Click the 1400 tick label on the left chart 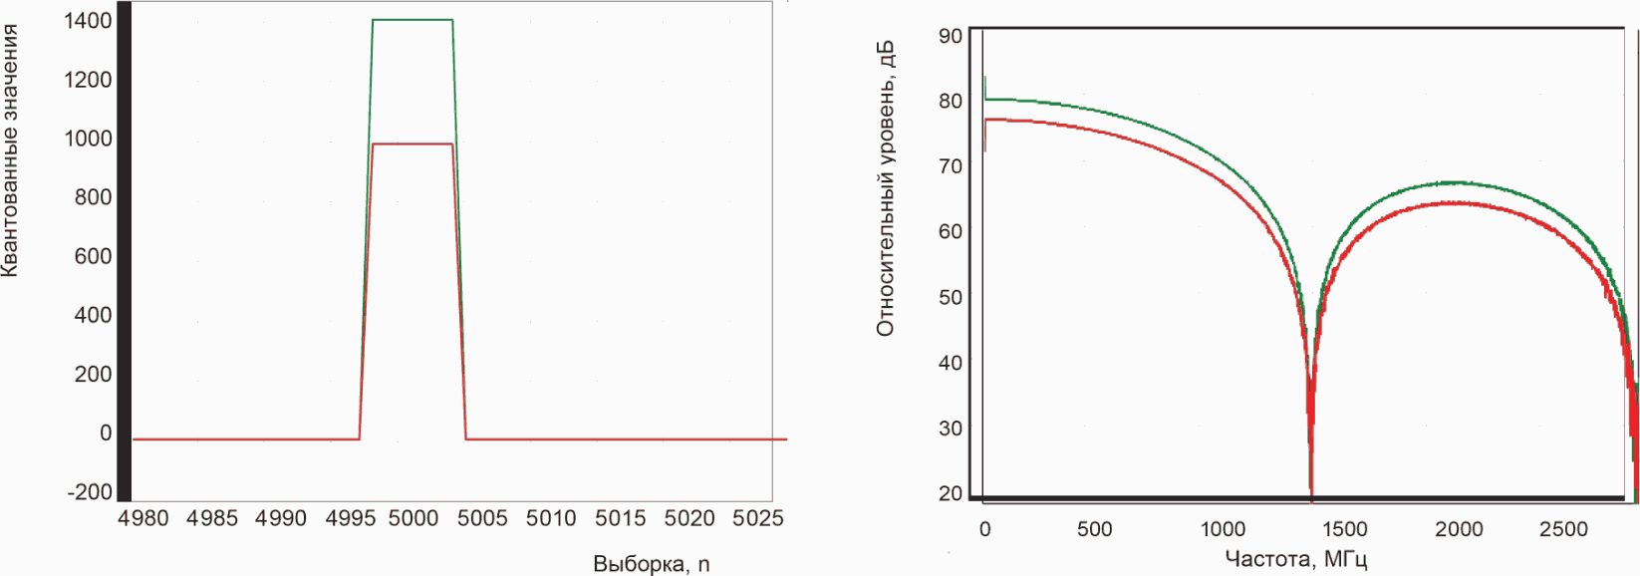tap(87, 21)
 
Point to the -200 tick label tap(90, 492)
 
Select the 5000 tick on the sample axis tap(412, 519)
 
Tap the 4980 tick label tap(142, 519)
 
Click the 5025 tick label tap(758, 519)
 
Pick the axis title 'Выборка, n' tap(651, 564)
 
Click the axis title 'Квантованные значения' tap(10, 150)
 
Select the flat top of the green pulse tap(412, 20)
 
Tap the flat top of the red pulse tap(412, 144)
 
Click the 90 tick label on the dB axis tap(951, 35)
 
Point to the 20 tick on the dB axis tap(951, 493)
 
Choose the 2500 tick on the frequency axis tap(1563, 529)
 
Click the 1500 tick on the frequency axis tap(1341, 529)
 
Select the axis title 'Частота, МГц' tap(1296, 560)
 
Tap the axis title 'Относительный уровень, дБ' tap(885, 188)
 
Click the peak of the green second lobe tap(1456, 182)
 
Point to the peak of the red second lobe tap(1456, 202)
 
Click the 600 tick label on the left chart tap(93, 256)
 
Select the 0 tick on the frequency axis tap(985, 529)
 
